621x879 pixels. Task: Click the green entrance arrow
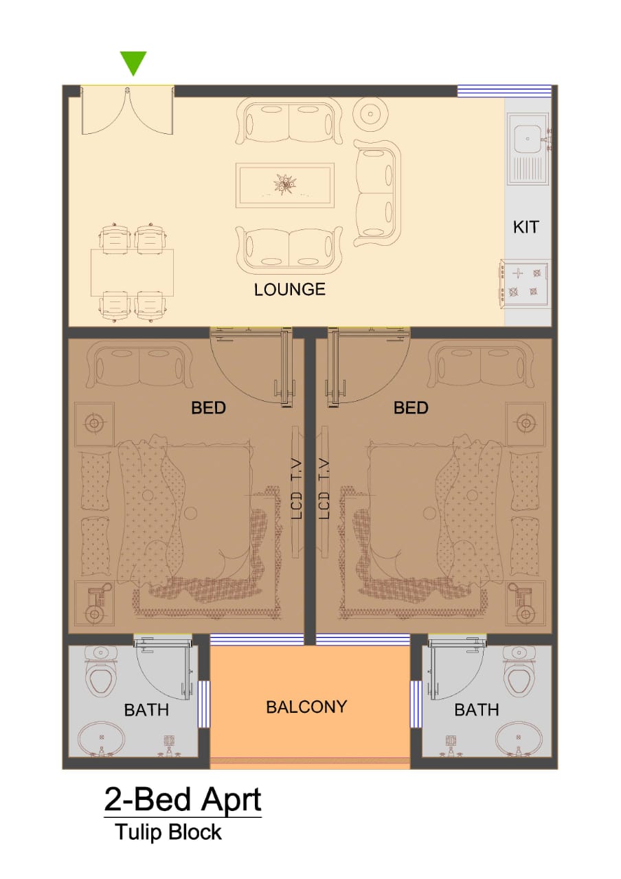tap(133, 62)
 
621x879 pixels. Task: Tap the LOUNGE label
tap(290, 290)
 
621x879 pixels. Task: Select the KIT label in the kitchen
tap(526, 227)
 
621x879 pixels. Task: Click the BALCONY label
tap(306, 707)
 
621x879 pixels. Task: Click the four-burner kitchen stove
tap(523, 284)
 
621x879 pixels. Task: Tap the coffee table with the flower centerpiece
tap(285, 185)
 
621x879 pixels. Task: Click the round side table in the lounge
tap(370, 114)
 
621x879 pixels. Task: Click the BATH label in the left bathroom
tap(146, 710)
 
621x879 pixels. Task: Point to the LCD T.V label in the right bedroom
tap(324, 490)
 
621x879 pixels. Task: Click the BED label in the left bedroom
tap(208, 408)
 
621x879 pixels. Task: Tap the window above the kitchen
tap(504, 91)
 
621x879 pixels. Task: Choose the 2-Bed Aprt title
tap(183, 790)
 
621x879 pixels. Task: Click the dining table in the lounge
tap(133, 273)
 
